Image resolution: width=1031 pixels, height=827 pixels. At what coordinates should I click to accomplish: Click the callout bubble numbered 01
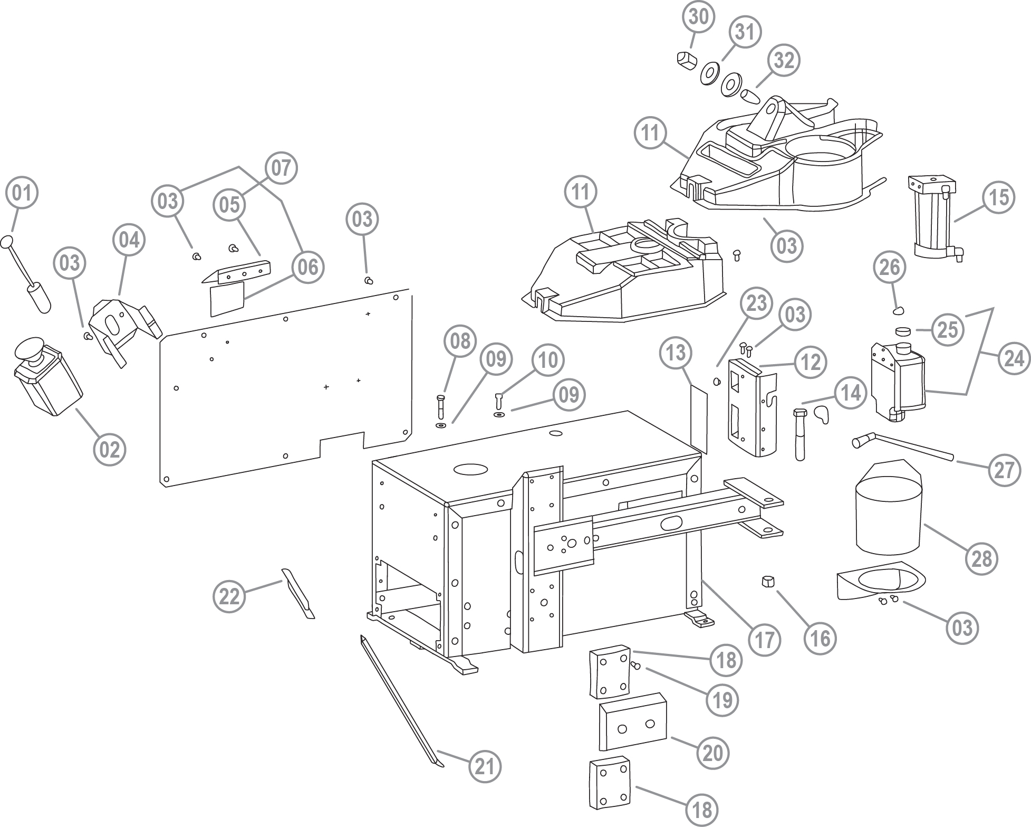pos(22,194)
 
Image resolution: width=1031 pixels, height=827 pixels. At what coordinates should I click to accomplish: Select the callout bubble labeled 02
pos(110,450)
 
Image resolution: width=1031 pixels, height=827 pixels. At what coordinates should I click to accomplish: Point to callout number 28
pos(981,558)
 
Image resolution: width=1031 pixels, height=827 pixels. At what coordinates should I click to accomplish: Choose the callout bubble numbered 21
pos(485,766)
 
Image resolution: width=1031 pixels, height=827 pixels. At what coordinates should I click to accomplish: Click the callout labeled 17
pos(764,640)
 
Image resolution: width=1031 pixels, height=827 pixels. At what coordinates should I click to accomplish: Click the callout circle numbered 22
pos(229,597)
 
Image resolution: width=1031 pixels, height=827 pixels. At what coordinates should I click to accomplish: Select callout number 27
pos(1004,470)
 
